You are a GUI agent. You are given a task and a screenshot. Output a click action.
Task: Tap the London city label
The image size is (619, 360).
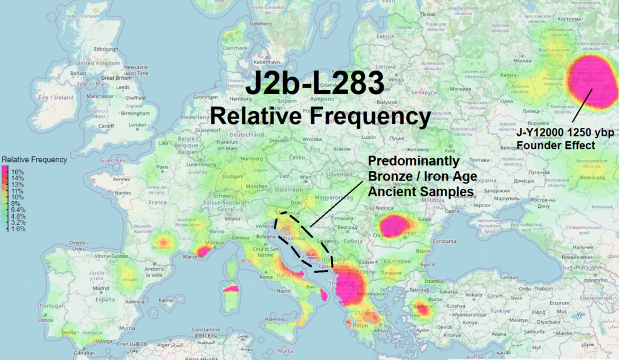point(137,126)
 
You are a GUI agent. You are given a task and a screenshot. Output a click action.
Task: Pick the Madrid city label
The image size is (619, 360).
point(85,288)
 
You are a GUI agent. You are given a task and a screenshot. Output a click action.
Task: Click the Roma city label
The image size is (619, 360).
point(267,277)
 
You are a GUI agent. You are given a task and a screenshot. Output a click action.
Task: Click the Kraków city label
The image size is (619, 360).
point(343,149)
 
